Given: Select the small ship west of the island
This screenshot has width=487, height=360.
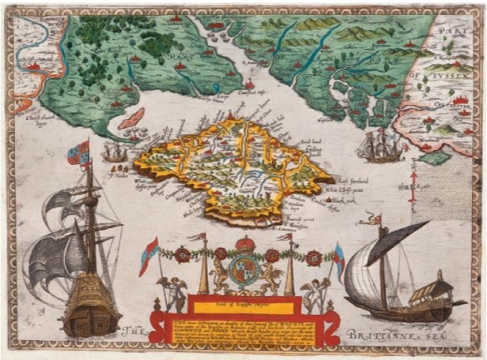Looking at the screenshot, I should (115, 152).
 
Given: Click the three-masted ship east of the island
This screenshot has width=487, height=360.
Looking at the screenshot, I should (379, 146).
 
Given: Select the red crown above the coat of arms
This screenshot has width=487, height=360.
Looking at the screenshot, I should (244, 246).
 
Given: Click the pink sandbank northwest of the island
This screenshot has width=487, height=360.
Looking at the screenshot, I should (129, 118).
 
